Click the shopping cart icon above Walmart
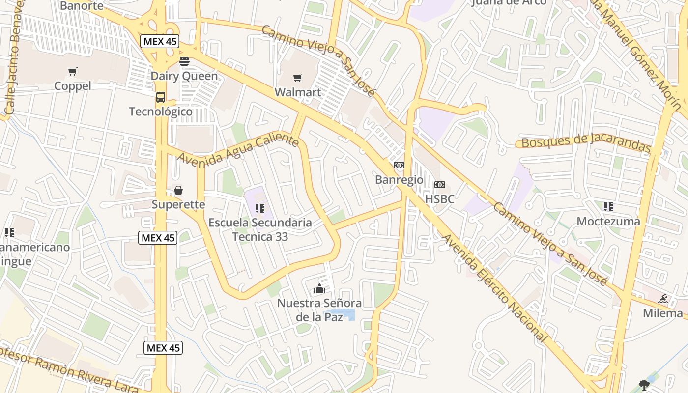(297, 78)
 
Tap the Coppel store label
(73, 86)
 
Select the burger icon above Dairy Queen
(184, 61)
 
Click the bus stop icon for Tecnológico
(161, 97)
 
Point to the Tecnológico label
(161, 112)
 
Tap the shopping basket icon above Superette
(178, 190)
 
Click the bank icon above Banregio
(399, 165)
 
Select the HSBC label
(439, 199)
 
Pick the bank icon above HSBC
(439, 185)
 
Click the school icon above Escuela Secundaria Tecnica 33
(260, 208)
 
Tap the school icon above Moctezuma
(608, 207)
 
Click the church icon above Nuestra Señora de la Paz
(319, 288)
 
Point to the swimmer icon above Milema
(663, 299)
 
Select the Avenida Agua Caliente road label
(238, 149)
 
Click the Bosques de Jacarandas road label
(586, 141)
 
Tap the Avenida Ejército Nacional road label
(494, 288)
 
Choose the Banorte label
(82, 6)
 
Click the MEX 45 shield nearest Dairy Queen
(160, 41)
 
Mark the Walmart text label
(297, 92)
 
